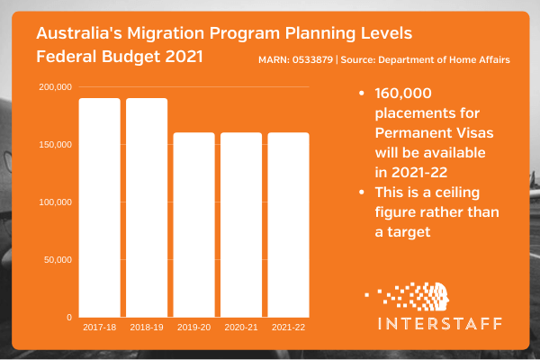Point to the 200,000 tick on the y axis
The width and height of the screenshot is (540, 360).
click(x=56, y=86)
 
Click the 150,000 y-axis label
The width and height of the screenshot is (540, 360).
click(x=56, y=145)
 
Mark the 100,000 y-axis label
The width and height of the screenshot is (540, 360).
click(x=56, y=202)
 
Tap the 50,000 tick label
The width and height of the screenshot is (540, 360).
click(x=58, y=260)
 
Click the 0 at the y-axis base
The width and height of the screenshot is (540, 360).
click(x=68, y=318)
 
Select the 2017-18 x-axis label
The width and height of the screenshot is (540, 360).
click(x=99, y=328)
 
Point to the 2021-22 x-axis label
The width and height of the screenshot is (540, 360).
click(x=288, y=328)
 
